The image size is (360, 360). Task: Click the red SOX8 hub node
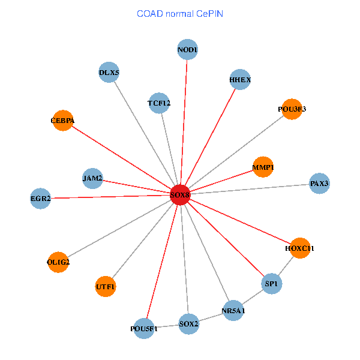180,195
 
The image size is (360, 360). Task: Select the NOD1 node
188,49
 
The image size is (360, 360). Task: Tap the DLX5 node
109,73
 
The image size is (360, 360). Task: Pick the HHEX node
240,80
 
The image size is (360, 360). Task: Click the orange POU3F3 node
292,109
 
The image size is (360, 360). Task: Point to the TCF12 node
159,103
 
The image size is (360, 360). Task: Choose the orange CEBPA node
62,121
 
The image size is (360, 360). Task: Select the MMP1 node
263,167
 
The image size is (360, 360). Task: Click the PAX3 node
319,184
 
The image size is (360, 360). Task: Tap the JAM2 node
92,178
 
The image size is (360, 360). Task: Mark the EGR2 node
41,198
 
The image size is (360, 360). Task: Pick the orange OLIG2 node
58,262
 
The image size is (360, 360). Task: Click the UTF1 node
106,287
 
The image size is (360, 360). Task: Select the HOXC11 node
299,248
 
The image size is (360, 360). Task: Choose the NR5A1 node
233,311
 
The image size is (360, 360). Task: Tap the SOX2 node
188,325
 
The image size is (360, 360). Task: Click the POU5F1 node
144,329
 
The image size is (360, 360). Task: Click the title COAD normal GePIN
180,13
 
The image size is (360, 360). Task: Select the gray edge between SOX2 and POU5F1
166,327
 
